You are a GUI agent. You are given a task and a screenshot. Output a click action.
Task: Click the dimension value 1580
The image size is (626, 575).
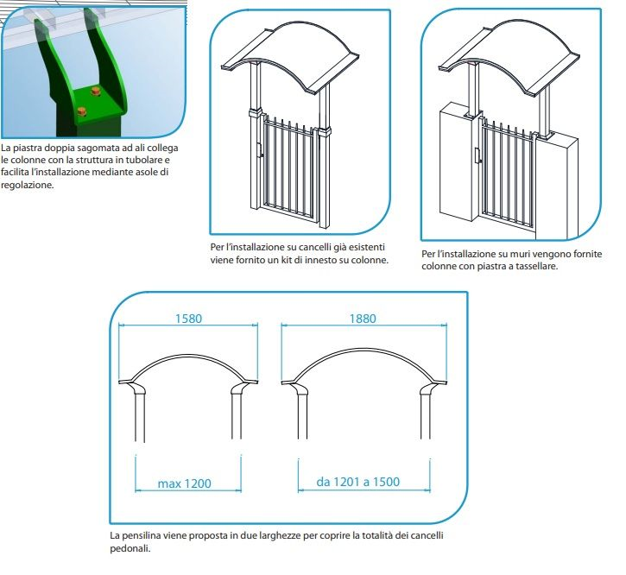(x=188, y=319)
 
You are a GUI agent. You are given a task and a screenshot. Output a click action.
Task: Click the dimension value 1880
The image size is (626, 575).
(x=363, y=319)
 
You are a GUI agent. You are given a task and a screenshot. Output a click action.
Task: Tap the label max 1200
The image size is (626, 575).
(x=184, y=483)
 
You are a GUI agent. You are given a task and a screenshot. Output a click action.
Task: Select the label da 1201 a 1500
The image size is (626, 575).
(x=357, y=482)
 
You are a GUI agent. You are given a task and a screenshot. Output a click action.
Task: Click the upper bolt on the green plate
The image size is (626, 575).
(x=96, y=92)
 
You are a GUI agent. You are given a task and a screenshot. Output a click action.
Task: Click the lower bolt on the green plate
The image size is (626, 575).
(x=81, y=112)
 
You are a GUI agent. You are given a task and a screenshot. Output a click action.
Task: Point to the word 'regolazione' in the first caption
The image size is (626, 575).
(x=27, y=186)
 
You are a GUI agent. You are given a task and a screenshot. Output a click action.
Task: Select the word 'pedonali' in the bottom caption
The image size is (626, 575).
(x=130, y=548)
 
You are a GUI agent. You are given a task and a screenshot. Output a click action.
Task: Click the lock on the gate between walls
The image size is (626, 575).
(x=477, y=156)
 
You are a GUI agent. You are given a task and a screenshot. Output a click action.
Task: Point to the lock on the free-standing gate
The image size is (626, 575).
(x=260, y=150)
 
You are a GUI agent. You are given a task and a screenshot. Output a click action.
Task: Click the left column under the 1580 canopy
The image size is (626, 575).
(x=140, y=416)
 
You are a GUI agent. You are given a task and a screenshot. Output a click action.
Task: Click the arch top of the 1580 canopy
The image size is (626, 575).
(x=188, y=355)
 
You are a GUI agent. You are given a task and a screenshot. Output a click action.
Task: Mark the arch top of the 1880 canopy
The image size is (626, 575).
(x=364, y=350)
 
